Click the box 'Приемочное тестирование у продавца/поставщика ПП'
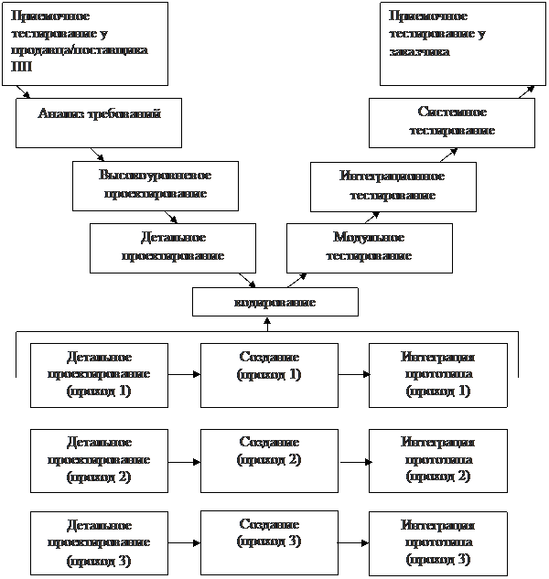[85, 43]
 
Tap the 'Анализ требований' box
[99, 123]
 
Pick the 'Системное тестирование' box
[451, 123]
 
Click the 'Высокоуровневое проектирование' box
[155, 186]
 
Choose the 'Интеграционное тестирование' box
[393, 186]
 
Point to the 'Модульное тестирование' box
[369, 248]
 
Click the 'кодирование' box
[275, 302]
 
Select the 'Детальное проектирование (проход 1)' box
[100, 375]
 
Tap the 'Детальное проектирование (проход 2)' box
[100, 460]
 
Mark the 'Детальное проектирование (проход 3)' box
[100, 543]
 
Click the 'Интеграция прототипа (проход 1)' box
[437, 375]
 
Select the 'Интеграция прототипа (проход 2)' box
[437, 460]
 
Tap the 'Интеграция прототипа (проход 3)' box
[437, 543]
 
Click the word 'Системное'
[451, 113]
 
